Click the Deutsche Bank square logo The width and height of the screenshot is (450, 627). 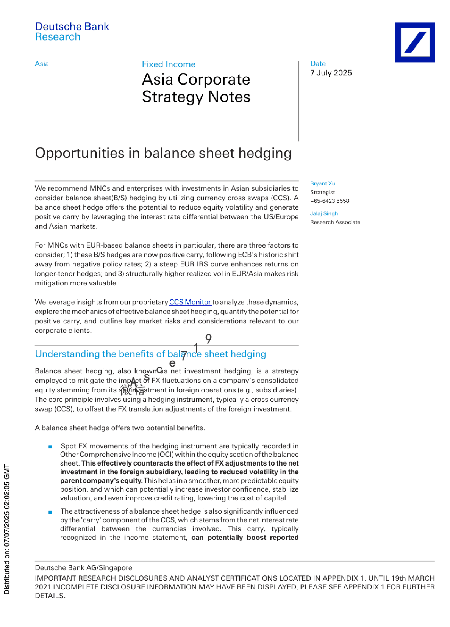click(415, 42)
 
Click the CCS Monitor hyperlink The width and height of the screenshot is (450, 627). click(190, 302)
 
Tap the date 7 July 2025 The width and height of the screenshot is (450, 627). click(331, 73)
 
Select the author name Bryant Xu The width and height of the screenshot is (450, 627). click(322, 183)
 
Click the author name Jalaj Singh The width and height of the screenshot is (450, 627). click(324, 213)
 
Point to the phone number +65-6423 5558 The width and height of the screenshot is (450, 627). click(330, 201)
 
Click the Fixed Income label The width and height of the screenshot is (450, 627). click(169, 64)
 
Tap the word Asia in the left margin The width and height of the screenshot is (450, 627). click(42, 64)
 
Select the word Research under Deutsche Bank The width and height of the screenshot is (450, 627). click(58, 37)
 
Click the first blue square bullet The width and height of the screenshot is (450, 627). click(50, 447)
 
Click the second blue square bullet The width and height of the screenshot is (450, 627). click(50, 512)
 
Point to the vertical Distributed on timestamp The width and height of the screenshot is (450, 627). click(7, 529)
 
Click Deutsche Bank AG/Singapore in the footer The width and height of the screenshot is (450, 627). click(83, 567)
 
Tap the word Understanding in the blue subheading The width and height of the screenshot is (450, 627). click(67, 354)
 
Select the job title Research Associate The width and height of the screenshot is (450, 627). click(335, 222)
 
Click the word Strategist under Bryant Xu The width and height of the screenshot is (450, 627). click(322, 192)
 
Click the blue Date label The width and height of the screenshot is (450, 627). click(318, 64)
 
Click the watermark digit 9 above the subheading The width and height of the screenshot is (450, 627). click(208, 339)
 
